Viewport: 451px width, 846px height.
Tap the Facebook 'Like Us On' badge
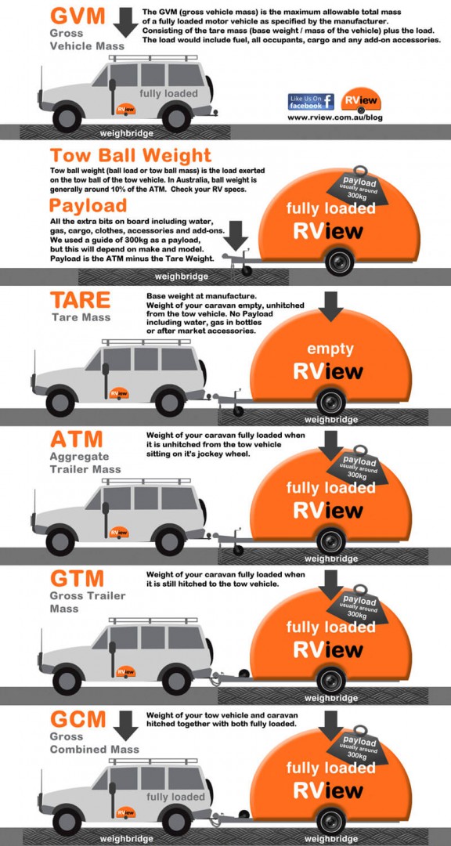tap(312, 101)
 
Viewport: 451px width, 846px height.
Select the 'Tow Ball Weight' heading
tap(130, 155)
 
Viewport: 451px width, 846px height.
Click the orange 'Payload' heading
tap(88, 205)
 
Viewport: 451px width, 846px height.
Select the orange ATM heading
tap(78, 439)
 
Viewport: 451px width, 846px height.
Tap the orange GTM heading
tap(77, 579)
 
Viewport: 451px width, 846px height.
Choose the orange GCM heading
tap(78, 718)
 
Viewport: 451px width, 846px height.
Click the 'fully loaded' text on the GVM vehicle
tap(169, 93)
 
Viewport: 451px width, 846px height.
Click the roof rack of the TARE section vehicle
tap(146, 341)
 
